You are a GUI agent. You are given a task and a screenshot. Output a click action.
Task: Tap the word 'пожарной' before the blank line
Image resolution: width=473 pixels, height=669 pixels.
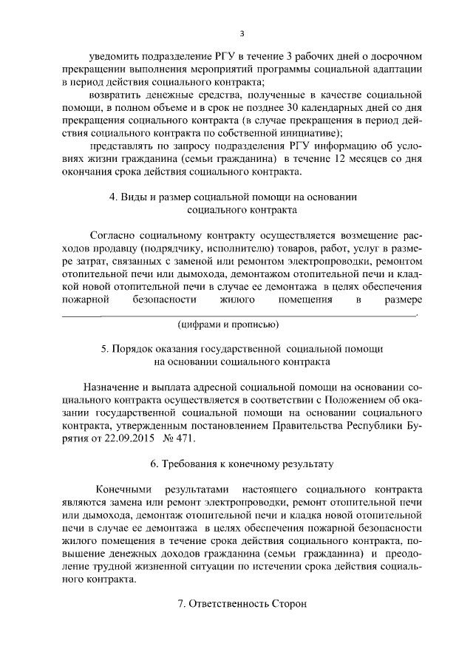(x=86, y=299)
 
